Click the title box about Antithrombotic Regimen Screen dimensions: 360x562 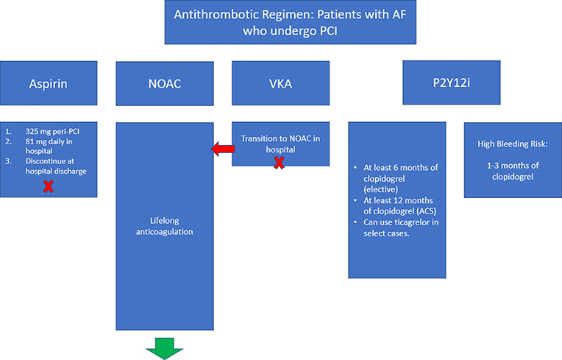click(x=291, y=24)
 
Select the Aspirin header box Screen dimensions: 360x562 click(x=49, y=84)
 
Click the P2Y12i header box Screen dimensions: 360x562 click(x=446, y=84)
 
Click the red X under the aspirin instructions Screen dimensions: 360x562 click(x=48, y=186)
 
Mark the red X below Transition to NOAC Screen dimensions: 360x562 click(x=280, y=162)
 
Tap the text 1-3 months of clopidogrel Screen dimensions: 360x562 click(x=512, y=172)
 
